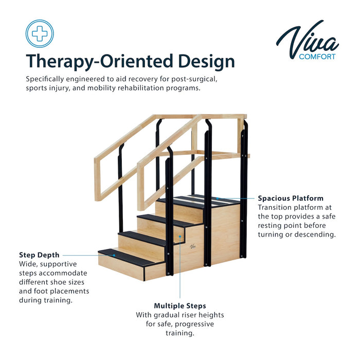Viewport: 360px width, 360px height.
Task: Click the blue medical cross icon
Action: point(40,33)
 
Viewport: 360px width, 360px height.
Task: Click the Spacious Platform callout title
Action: point(291,198)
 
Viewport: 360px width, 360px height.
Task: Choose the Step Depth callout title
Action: point(39,255)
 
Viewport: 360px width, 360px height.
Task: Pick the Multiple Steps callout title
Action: point(180,305)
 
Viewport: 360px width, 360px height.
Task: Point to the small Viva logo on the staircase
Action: point(193,247)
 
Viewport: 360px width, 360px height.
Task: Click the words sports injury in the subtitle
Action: point(48,88)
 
